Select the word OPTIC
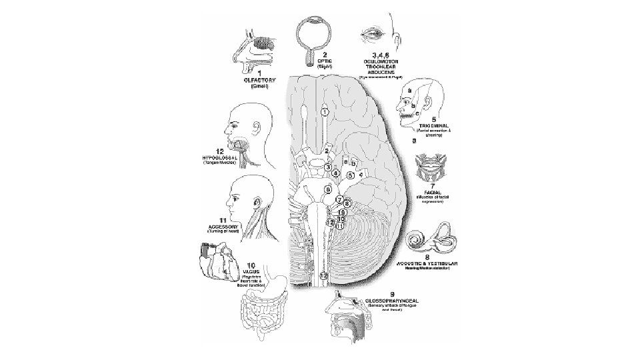click(325, 60)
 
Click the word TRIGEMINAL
click(431, 124)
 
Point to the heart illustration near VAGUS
click(216, 262)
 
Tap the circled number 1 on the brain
click(324, 113)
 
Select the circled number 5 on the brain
click(350, 175)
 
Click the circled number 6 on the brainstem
click(328, 189)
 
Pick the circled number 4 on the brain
click(336, 173)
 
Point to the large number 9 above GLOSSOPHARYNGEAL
click(393, 293)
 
